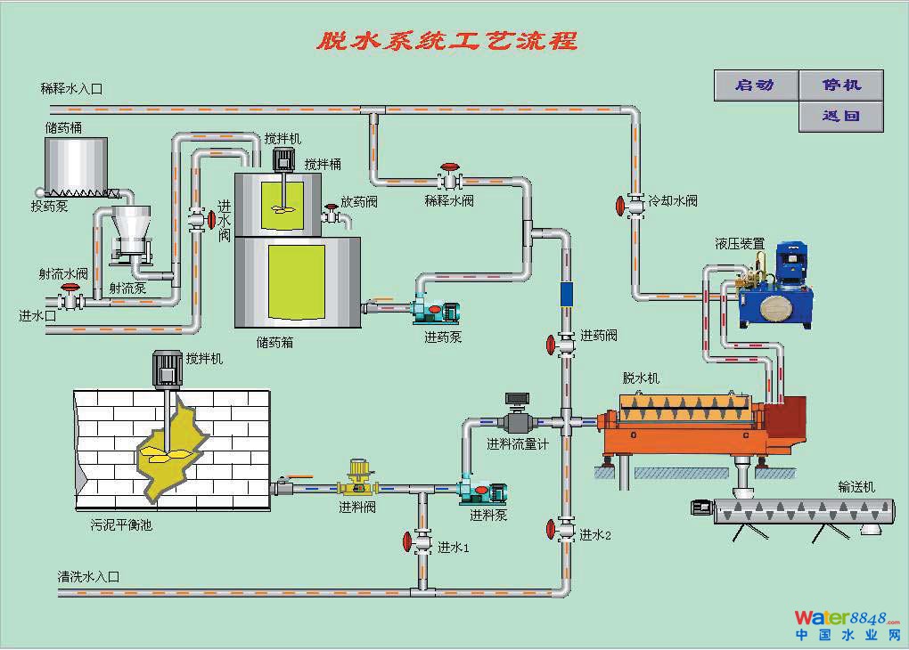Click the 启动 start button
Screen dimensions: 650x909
(754, 85)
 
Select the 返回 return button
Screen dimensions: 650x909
(840, 117)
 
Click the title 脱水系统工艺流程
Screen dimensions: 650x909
(447, 41)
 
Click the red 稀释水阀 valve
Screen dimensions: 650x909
(451, 167)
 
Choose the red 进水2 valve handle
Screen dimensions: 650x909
(552, 531)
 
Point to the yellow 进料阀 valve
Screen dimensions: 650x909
(358, 485)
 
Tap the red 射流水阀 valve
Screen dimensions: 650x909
(70, 289)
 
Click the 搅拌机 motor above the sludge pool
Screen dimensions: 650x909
(167, 368)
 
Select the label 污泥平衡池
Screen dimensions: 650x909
(121, 525)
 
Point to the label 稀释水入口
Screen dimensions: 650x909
(72, 88)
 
